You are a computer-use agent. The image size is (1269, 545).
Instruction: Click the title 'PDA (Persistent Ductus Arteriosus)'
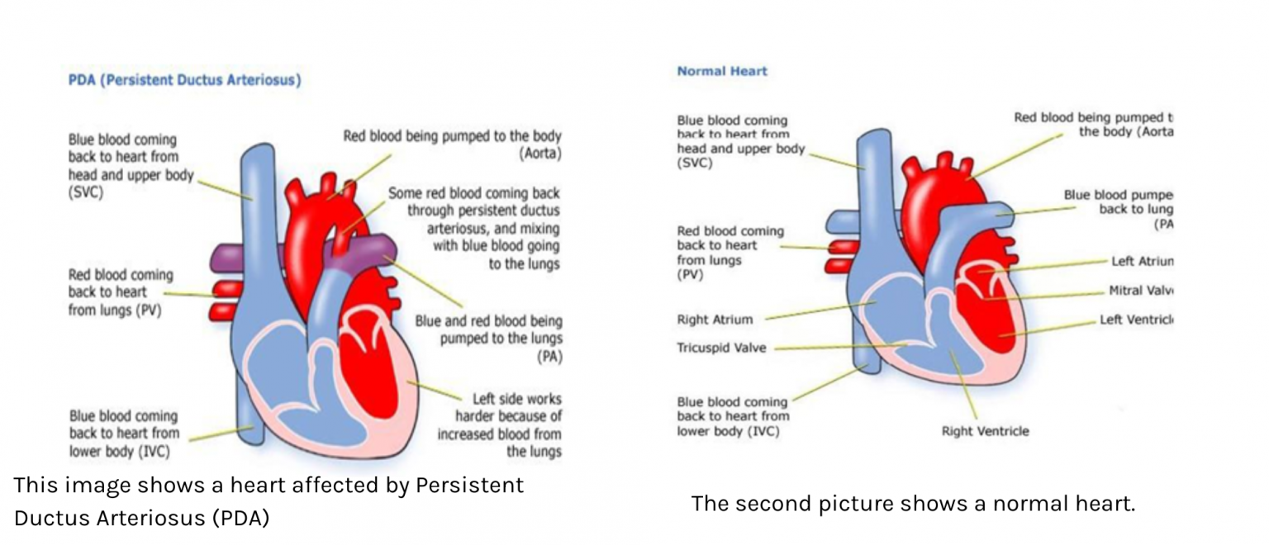coord(184,80)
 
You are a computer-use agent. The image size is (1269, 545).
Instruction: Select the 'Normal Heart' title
coord(722,71)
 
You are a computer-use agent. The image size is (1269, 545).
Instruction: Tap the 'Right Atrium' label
coord(715,320)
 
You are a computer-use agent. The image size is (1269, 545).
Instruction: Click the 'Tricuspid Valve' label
coord(721,348)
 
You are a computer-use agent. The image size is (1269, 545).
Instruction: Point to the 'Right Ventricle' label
coord(985,431)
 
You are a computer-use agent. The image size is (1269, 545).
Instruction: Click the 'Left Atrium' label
coord(1142,261)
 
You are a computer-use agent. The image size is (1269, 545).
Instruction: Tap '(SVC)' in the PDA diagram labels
coord(85,192)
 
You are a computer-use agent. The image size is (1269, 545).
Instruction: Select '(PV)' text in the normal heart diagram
coord(690,275)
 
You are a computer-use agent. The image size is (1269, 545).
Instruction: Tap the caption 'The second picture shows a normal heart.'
coord(913,503)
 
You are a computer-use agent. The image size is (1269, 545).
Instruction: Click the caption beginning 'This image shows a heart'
coord(269,501)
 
